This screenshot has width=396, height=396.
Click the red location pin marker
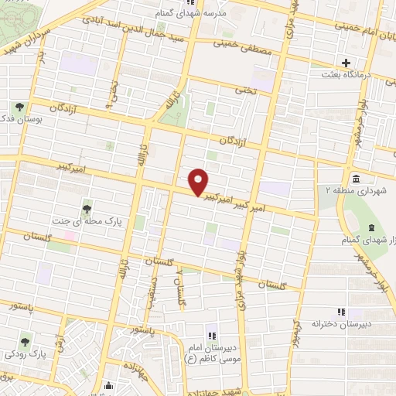click(x=199, y=182)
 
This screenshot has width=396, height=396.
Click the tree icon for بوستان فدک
click(x=19, y=107)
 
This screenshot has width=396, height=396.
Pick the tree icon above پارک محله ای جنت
click(x=87, y=209)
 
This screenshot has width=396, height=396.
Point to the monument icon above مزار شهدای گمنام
click(x=370, y=228)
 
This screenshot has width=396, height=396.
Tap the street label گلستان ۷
click(x=181, y=287)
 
